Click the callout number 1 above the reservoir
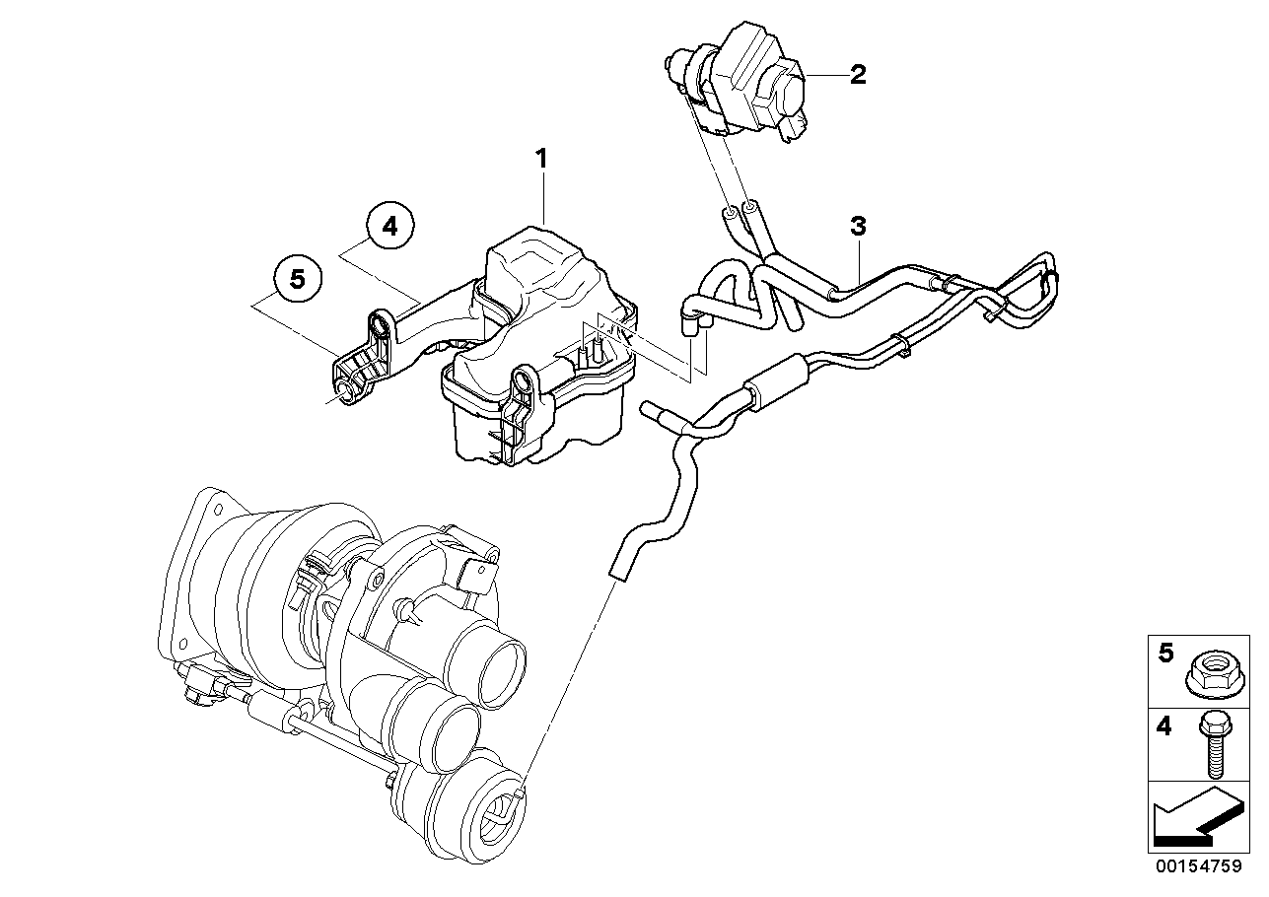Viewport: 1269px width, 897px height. coord(540,157)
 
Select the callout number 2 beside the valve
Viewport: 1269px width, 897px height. coord(858,74)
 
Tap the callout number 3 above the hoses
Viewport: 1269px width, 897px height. coord(858,226)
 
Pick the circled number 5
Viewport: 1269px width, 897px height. coord(298,280)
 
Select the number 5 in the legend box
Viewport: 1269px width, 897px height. coord(1165,654)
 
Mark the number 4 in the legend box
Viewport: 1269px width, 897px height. coord(1165,727)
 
